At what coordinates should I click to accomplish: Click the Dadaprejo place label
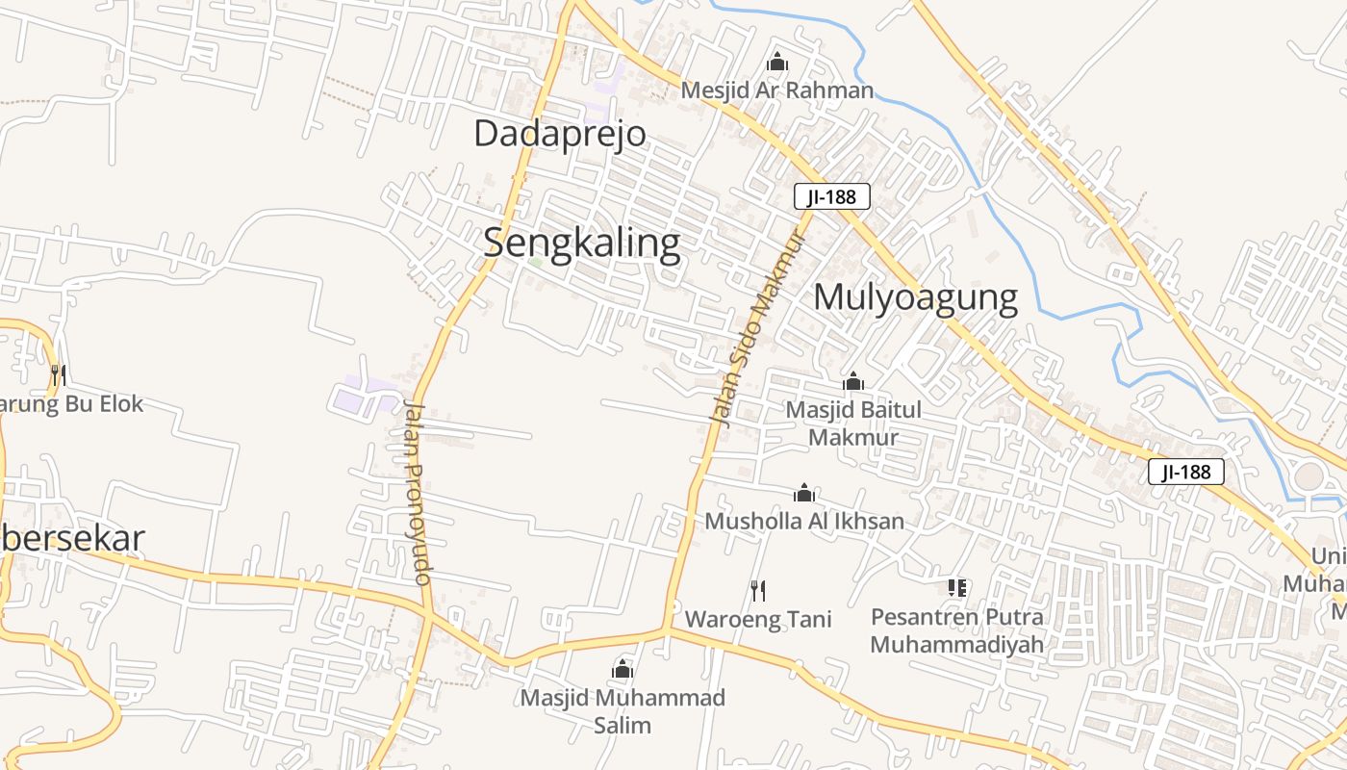pos(559,134)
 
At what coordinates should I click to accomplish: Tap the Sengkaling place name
pos(581,243)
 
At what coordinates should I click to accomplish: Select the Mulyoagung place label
pos(915,297)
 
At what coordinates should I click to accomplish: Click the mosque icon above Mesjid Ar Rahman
pos(777,64)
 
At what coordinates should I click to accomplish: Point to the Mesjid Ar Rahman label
pos(777,90)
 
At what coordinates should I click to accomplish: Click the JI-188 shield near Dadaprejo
pos(832,197)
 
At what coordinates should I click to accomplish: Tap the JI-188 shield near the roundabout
pos(1185,472)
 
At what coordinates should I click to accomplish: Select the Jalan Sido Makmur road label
pos(758,327)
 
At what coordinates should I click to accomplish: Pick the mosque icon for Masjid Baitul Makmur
pos(853,382)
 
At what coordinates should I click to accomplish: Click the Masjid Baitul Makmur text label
pos(853,423)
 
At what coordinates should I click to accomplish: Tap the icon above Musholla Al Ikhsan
pos(804,494)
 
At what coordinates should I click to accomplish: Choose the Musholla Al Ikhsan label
pos(804,521)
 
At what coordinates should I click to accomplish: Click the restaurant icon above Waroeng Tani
pos(758,590)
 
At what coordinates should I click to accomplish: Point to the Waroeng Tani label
pos(758,618)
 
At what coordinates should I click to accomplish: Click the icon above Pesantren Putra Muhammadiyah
pos(956,587)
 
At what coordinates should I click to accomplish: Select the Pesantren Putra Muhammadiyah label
pos(956,629)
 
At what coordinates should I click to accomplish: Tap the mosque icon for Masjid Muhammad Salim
pos(623,669)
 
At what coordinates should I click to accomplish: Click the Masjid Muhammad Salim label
pos(623,710)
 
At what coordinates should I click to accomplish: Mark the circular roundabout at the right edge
pos(1309,475)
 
